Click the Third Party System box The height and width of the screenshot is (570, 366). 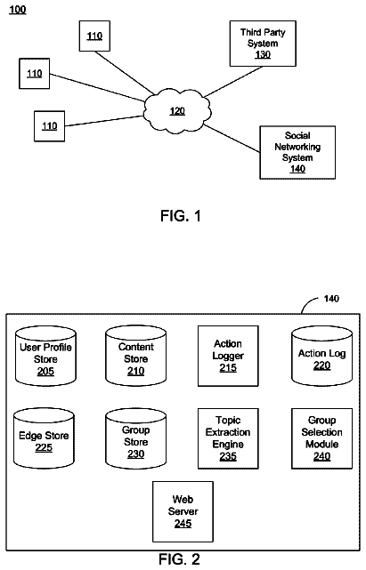tap(263, 44)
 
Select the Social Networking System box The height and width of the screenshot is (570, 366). tap(297, 152)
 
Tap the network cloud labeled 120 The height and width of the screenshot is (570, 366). tap(177, 110)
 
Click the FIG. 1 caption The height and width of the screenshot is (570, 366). tap(181, 216)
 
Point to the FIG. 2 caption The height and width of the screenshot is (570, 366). tap(179, 559)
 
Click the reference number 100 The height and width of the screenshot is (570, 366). tap(18, 10)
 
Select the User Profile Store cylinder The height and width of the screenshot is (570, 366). tap(45, 356)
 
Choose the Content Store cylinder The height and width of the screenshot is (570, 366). tap(136, 356)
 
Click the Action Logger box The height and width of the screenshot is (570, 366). tap(228, 356)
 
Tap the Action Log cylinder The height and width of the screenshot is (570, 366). tap(322, 356)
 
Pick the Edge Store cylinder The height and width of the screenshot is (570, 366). tap(44, 438)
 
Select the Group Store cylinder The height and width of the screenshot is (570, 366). tap(136, 438)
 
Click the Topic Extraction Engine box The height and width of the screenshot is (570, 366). tap(228, 438)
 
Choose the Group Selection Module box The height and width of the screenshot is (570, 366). tap(322, 438)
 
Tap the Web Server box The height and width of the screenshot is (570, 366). tap(183, 511)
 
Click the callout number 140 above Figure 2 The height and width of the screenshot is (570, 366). tap(331, 299)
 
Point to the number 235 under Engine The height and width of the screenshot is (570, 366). tap(228, 456)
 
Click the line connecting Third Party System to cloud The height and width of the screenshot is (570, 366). tap(233, 82)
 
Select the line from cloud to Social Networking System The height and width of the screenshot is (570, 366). tap(232, 139)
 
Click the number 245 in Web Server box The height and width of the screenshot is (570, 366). tap(183, 524)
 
